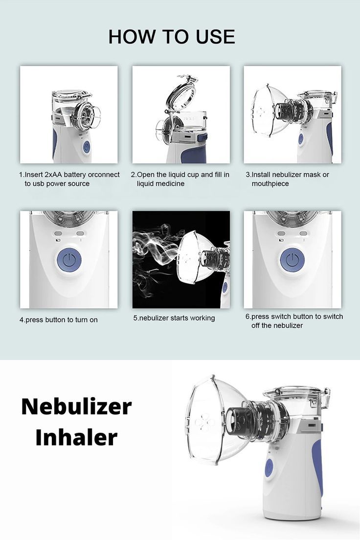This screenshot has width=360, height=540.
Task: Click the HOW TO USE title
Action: [172, 37]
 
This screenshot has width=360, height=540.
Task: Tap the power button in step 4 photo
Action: [68, 260]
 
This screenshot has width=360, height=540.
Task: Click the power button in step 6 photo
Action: [292, 260]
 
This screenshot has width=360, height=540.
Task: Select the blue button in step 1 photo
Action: [87, 147]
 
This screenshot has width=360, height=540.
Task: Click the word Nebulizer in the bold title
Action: [76, 407]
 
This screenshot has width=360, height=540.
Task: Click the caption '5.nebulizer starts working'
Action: [174, 318]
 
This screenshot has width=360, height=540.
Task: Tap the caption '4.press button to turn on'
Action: [59, 320]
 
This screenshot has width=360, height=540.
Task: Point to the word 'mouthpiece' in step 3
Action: [270, 184]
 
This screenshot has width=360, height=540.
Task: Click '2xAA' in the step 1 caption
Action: [52, 175]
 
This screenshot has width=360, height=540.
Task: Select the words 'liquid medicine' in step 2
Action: [160, 184]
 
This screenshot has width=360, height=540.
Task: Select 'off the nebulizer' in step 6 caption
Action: [277, 326]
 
